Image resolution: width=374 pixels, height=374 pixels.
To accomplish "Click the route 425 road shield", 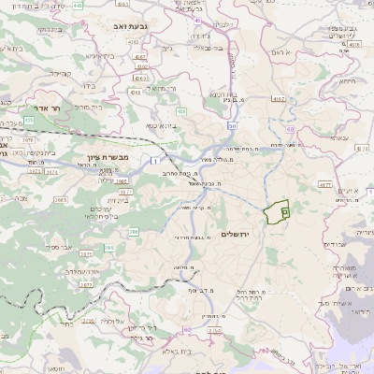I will (29, 120).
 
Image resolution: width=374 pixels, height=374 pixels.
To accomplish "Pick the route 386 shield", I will (134, 231).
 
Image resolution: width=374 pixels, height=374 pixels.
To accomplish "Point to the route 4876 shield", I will (354, 44).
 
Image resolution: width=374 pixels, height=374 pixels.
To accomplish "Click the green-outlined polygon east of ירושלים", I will (277, 212).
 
